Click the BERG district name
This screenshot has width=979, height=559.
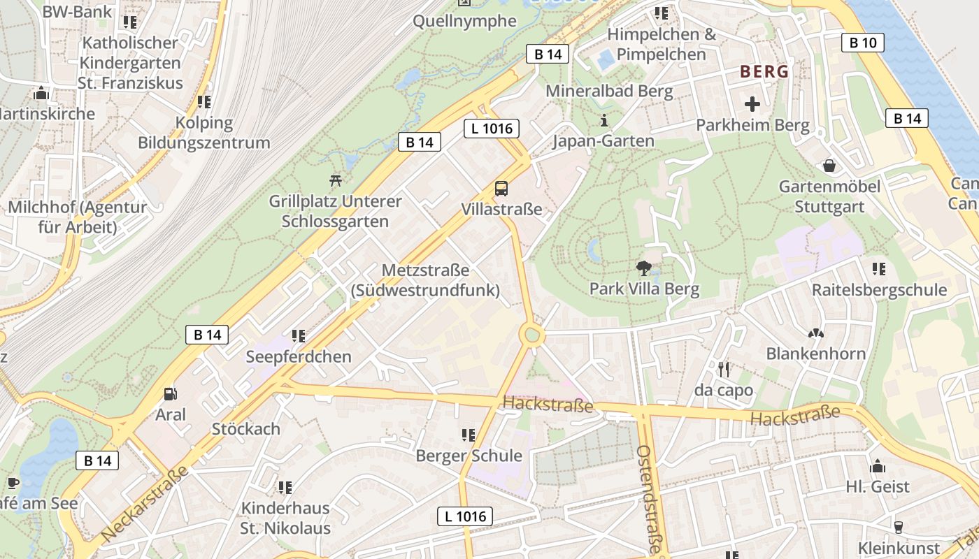[764, 71]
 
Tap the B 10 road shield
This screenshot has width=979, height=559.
[862, 43]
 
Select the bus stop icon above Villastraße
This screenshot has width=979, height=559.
[501, 188]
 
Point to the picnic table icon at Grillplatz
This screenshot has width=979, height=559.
[336, 180]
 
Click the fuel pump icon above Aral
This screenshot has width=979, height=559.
[170, 395]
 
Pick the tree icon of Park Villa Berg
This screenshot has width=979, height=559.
[643, 268]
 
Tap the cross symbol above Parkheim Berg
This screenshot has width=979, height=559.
[752, 105]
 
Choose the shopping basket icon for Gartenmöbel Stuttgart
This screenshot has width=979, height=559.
[829, 166]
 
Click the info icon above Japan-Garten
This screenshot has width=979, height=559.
[604, 120]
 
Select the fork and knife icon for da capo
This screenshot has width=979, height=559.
[724, 369]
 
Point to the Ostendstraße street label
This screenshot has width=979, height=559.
[649, 499]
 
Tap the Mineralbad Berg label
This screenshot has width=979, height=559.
[609, 91]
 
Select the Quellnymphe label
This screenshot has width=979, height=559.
[464, 21]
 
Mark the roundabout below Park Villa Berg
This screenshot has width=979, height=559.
[532, 335]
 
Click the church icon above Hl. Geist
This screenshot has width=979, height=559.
[878, 466]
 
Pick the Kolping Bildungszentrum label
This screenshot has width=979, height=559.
[203, 133]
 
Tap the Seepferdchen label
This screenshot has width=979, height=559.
[299, 357]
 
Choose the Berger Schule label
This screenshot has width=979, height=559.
[469, 456]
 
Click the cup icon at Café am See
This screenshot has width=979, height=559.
[13, 483]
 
